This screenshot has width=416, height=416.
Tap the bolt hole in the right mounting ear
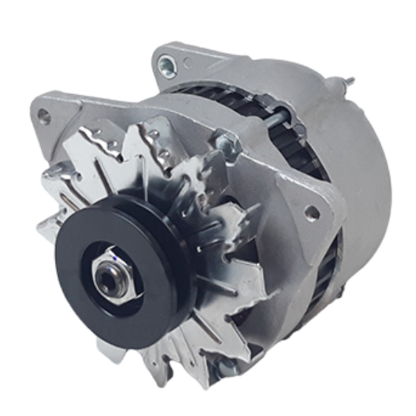[311, 212]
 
